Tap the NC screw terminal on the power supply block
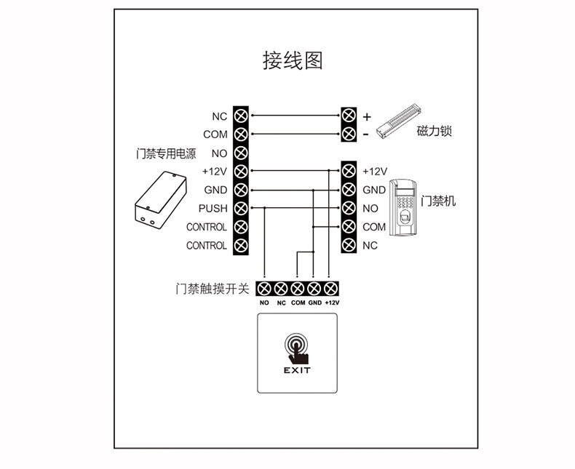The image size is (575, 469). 242,116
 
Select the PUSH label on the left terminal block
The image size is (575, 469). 213,209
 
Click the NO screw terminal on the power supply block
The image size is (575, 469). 242,153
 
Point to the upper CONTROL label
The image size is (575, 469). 207,227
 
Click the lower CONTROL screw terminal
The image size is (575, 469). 242,246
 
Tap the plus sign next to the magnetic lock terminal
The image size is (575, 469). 367,116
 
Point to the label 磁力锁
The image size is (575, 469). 435,132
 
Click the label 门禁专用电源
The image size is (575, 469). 166,153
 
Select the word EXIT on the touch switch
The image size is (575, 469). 296,369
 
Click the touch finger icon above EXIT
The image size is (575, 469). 296,348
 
